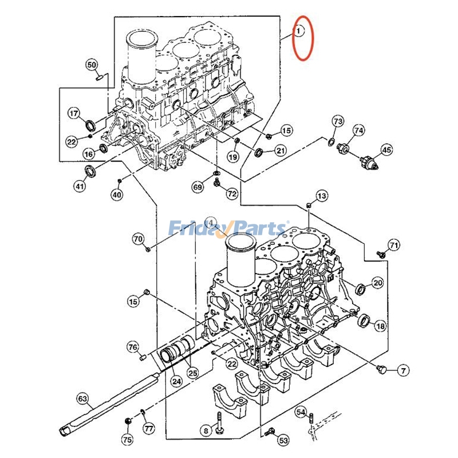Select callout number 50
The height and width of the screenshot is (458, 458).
[x=92, y=65]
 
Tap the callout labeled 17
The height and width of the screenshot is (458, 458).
[x=74, y=113]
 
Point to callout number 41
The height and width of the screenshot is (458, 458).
[x=80, y=186]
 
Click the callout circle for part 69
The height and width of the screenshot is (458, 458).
[x=197, y=187]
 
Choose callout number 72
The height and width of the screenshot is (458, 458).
[x=231, y=194]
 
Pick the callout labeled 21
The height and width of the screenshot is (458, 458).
[x=280, y=151]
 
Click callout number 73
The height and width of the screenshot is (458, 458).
[x=338, y=121]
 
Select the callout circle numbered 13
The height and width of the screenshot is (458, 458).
[x=322, y=196]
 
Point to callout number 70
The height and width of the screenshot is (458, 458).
[x=138, y=238]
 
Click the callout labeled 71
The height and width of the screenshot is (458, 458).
[x=393, y=246]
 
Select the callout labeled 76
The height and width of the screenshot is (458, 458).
[x=133, y=347]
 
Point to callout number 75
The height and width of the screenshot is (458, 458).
[x=127, y=440]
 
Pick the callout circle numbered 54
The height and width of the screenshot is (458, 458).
[x=302, y=412]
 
